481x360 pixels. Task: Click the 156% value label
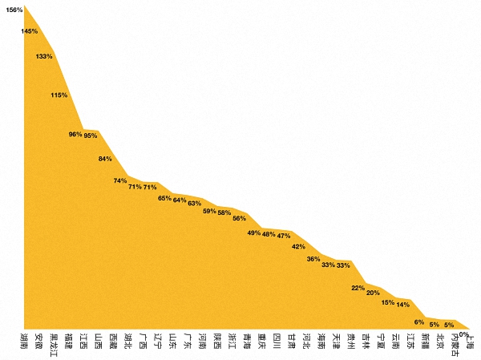coord(14,10)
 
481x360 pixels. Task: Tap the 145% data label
coord(30,31)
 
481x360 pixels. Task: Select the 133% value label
coord(44,57)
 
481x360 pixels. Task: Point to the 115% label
coord(59,95)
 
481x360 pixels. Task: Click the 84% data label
coord(105,159)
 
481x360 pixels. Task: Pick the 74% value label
coord(120,181)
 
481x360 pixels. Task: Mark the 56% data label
coord(239,218)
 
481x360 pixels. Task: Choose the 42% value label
coord(298,247)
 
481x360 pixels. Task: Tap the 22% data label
coord(358,288)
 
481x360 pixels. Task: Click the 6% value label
coord(419,322)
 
